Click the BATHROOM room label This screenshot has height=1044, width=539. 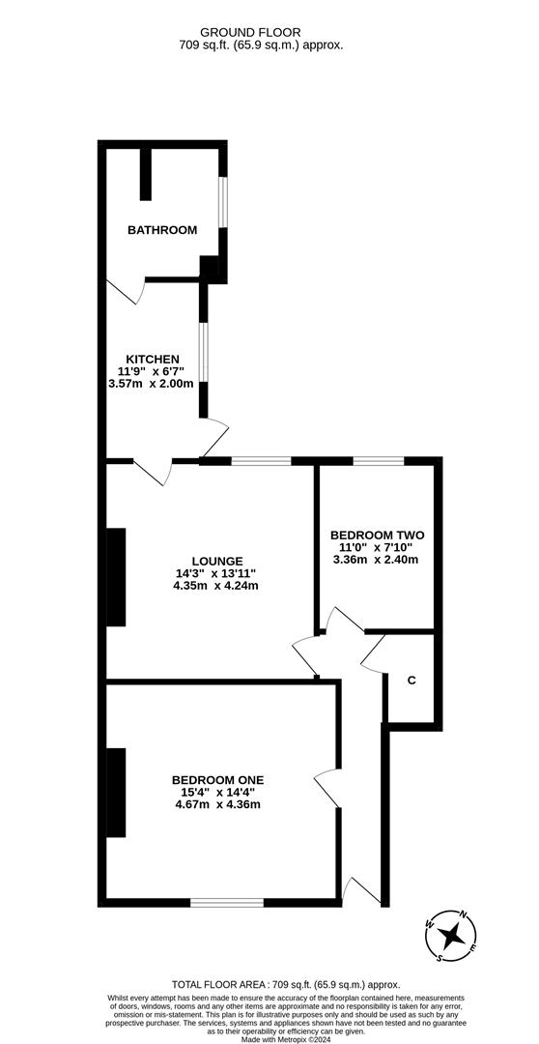(x=162, y=230)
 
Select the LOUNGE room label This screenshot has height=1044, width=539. (x=216, y=561)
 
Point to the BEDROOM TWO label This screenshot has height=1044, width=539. (x=377, y=535)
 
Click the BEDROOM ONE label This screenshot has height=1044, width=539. (x=217, y=780)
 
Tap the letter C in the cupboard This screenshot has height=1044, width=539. (x=411, y=681)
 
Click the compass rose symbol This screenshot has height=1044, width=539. (x=450, y=935)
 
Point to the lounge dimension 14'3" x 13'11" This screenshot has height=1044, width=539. (x=216, y=572)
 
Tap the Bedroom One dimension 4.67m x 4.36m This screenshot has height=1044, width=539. (x=217, y=804)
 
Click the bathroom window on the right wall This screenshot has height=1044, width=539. (x=222, y=202)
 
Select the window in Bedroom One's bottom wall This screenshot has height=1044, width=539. (x=227, y=902)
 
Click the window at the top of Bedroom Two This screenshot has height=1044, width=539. (x=379, y=461)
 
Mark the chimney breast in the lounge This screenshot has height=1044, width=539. (x=116, y=576)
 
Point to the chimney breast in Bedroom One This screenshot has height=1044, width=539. (x=116, y=793)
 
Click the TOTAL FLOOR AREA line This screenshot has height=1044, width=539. (x=270, y=979)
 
